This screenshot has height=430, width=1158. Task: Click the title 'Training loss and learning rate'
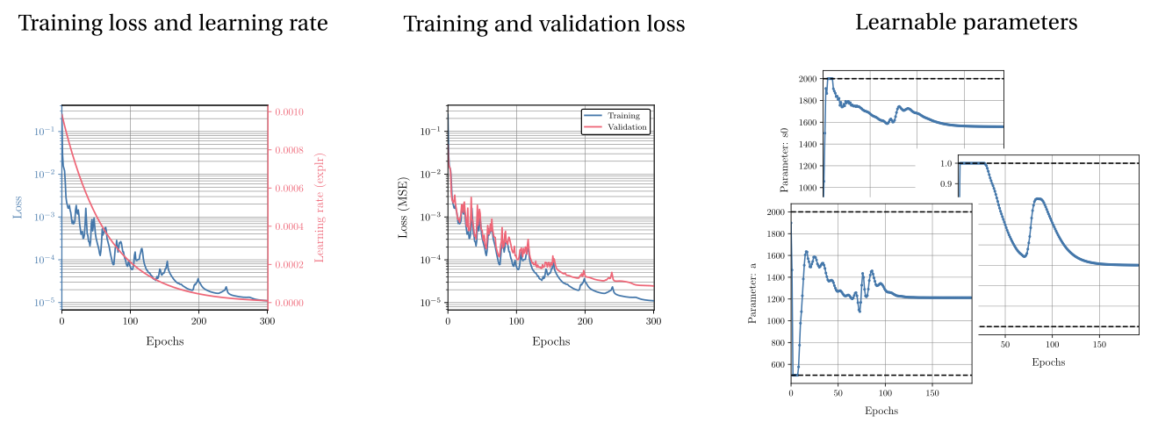[173, 24]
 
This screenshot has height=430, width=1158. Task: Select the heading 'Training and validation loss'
[543, 25]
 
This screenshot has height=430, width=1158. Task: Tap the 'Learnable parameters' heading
[967, 23]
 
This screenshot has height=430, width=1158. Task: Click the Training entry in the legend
[623, 116]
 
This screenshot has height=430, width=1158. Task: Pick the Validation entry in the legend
[627, 127]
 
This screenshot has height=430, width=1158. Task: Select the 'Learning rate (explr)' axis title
[319, 207]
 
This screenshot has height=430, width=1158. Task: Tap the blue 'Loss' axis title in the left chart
[18, 207]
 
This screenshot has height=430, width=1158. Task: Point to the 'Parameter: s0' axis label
[784, 160]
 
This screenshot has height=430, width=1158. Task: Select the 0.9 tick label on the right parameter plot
[945, 184]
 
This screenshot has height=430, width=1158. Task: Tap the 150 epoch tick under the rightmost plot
[1097, 345]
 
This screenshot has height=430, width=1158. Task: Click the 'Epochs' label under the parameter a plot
[881, 411]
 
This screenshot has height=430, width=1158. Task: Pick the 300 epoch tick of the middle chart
[653, 322]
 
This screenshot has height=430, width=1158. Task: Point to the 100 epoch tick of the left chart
[130, 322]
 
